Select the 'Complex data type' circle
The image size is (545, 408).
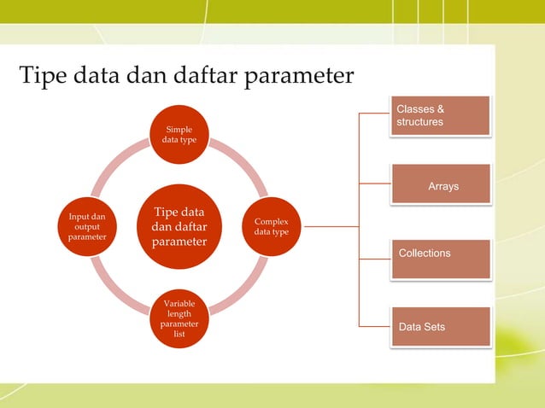(x=271, y=226)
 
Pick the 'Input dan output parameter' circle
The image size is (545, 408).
(x=87, y=227)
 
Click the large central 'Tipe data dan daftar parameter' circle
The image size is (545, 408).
(x=179, y=227)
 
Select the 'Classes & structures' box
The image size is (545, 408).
(x=441, y=116)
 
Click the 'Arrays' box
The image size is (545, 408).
(x=441, y=184)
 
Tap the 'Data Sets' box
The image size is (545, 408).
(x=441, y=326)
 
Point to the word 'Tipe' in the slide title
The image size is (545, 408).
(x=44, y=77)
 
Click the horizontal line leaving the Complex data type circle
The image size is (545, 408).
(x=329, y=227)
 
